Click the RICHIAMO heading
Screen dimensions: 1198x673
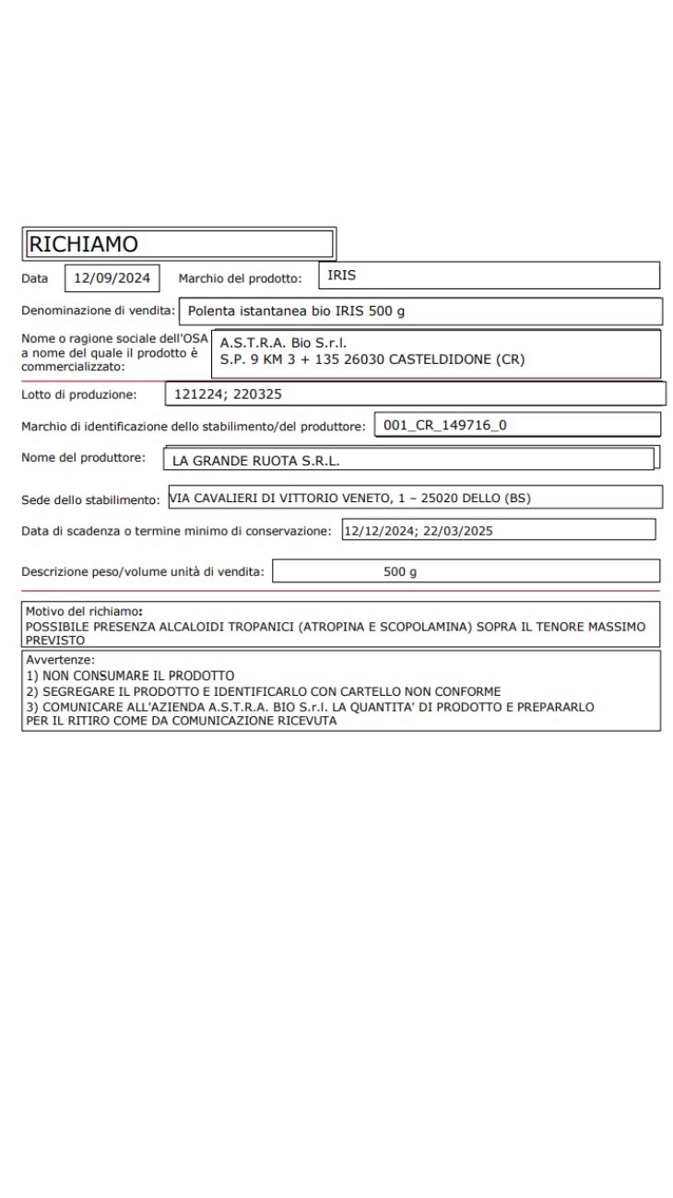(84, 244)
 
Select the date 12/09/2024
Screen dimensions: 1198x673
(112, 277)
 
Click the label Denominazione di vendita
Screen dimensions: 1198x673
(98, 310)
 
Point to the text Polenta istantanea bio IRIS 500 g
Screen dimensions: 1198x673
(296, 311)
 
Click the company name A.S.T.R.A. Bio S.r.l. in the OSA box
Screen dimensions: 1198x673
(283, 344)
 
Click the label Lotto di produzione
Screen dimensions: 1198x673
(78, 394)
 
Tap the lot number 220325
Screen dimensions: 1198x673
(259, 394)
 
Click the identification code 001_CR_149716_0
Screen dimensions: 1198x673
(444, 425)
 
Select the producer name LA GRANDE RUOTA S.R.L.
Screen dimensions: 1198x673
(263, 460)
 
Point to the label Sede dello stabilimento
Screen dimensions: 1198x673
(91, 499)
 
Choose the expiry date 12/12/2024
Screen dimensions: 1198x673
(378, 530)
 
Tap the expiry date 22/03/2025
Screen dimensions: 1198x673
(459, 530)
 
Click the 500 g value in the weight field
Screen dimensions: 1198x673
(400, 572)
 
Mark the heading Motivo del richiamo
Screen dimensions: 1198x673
(83, 611)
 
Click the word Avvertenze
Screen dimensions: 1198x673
(61, 660)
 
